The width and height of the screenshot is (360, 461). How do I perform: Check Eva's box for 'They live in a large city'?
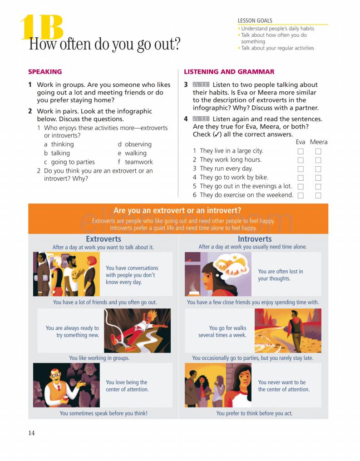coord(301,151)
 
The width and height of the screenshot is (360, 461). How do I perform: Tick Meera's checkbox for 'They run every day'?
coord(318,169)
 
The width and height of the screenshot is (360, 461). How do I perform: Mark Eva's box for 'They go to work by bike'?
coord(301,178)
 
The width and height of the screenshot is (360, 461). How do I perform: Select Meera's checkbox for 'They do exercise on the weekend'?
coord(318,195)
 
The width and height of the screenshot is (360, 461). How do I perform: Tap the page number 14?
coord(31,433)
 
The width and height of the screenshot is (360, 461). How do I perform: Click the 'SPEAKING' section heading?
coord(45,72)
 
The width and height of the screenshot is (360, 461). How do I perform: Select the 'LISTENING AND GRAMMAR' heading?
coord(229,72)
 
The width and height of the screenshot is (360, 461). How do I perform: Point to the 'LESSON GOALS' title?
coord(255,20)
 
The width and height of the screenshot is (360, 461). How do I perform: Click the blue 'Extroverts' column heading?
coord(104,239)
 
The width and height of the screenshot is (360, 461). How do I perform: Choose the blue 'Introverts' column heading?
coord(255,239)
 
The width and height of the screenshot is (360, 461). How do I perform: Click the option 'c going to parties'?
coord(69,162)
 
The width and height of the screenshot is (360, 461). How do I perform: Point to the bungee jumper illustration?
coord(138,330)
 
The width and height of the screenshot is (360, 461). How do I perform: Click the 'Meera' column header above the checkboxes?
coord(319,142)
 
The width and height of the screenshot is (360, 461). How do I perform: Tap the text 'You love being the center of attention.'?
coord(127,386)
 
